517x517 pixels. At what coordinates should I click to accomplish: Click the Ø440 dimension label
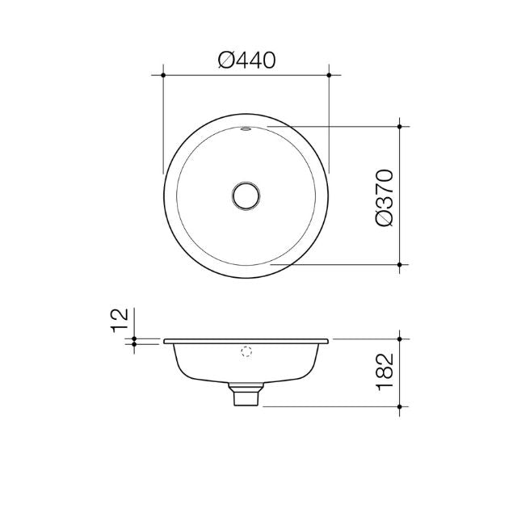coord(247,60)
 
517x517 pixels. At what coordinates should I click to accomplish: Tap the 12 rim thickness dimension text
coord(120,320)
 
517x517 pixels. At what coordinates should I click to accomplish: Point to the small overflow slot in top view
coord(246,128)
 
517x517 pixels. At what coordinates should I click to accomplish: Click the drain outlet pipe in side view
coord(246,396)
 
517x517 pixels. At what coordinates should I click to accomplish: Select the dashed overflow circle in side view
coord(246,352)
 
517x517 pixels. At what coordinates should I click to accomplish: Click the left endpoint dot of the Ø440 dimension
coord(163,74)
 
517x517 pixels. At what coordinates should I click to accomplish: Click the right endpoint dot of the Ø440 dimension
coord(329,74)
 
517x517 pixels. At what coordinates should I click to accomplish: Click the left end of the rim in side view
coord(165,340)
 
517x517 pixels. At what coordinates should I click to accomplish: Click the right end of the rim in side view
coord(328,340)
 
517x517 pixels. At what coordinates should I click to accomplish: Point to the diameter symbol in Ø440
coord(228,60)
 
